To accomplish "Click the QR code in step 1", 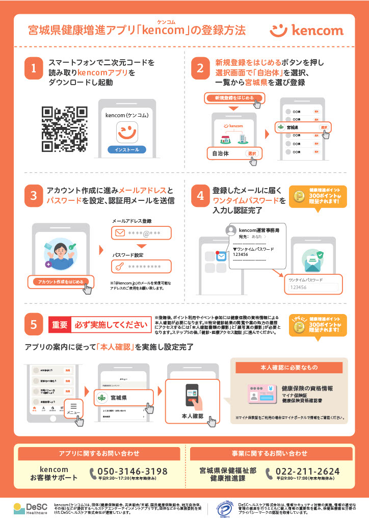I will click(64, 129).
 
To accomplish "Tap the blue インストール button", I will click(126, 150).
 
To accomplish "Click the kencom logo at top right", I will click(306, 30).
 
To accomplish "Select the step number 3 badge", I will click(33, 196).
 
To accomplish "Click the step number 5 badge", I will click(33, 324).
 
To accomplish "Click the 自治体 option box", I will click(232, 153).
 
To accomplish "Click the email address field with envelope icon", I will click(141, 233).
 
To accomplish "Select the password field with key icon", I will click(141, 266).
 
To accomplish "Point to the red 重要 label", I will click(60, 324).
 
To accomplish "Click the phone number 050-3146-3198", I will click(132, 471).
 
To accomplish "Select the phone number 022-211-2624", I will click(307, 471).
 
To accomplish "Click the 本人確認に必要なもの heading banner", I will click(288, 367).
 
